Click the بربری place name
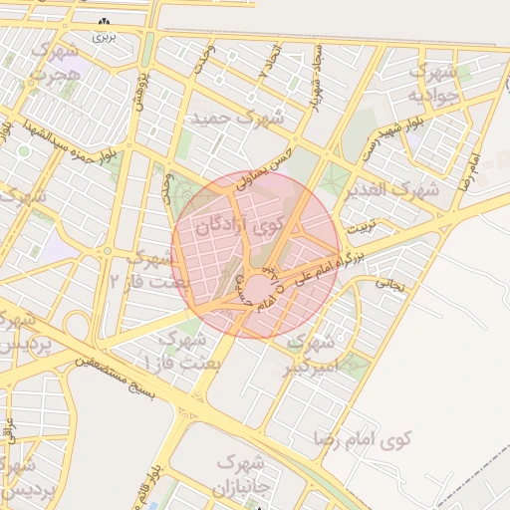click(x=105, y=36)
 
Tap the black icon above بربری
click(x=104, y=21)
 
